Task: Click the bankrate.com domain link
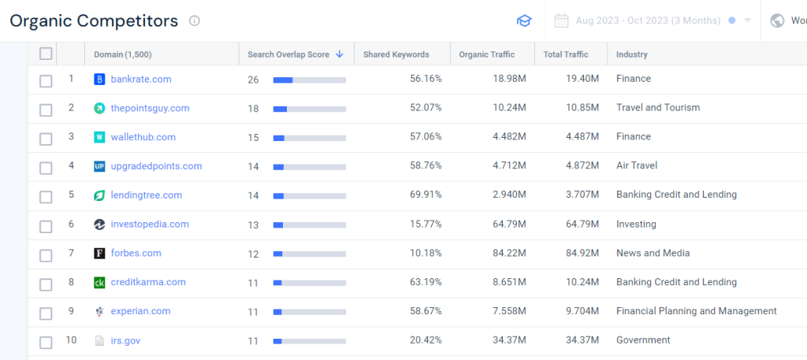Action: pyautogui.click(x=141, y=79)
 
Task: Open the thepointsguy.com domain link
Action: pyautogui.click(x=150, y=108)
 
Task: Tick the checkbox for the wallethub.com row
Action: pyautogui.click(x=46, y=138)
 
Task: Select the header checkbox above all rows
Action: pyautogui.click(x=46, y=54)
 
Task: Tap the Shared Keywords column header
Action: pyautogui.click(x=396, y=54)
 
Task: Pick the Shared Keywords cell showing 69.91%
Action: pyautogui.click(x=426, y=195)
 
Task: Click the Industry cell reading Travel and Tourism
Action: pyautogui.click(x=658, y=107)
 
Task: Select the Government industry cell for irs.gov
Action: pyautogui.click(x=643, y=340)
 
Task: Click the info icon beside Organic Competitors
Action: pyautogui.click(x=195, y=20)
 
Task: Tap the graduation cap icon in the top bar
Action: pyautogui.click(x=524, y=20)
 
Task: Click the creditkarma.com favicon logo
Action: pyautogui.click(x=99, y=282)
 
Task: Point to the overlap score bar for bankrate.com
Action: pyautogui.click(x=309, y=80)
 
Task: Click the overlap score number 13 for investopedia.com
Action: pyautogui.click(x=253, y=225)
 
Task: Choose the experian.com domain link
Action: pyautogui.click(x=140, y=311)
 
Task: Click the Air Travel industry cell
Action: pyautogui.click(x=637, y=165)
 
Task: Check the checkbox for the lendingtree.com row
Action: pyautogui.click(x=46, y=196)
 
